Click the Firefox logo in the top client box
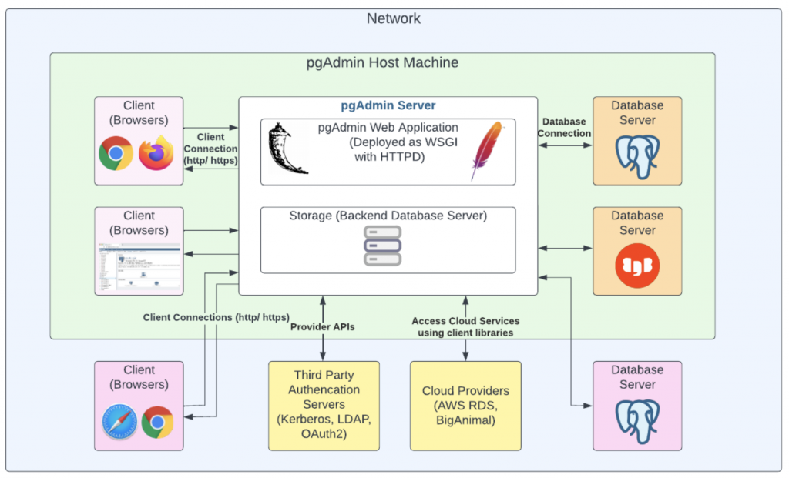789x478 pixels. pos(156,153)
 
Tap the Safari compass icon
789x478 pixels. pos(119,422)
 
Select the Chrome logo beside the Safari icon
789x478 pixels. pos(158,422)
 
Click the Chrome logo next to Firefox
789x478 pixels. pos(116,154)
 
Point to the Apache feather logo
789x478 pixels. pos(489,151)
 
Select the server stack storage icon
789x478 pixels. pos(383,245)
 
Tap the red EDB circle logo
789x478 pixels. pos(636,265)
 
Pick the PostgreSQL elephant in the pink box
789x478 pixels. pos(636,422)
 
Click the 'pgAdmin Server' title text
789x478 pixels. pos(388,105)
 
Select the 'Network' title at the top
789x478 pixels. pos(394,18)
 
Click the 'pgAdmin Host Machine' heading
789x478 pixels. pos(383,62)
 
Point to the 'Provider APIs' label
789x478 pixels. pos(321,326)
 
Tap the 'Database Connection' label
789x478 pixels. pos(565,127)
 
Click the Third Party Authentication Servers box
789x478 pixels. pos(324,406)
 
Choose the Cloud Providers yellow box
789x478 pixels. pos(465,406)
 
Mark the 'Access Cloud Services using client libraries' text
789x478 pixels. pos(465,326)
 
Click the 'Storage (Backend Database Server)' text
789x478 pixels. pos(388,216)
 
